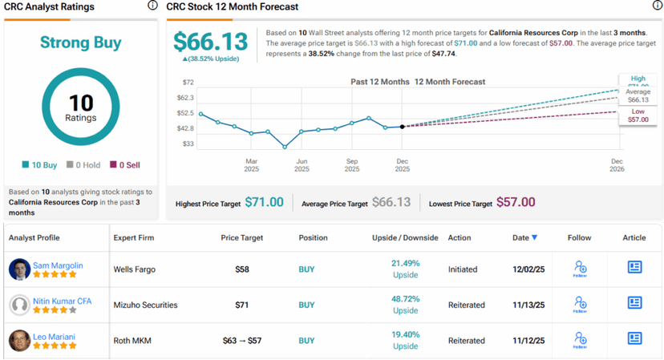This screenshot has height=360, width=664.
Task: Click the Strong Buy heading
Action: [x=80, y=42]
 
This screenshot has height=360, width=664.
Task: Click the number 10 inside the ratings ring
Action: [x=80, y=103]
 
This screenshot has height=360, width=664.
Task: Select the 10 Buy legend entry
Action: [x=40, y=165]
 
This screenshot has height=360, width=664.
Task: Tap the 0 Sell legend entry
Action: [x=124, y=165]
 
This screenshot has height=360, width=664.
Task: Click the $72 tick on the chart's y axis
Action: [x=188, y=83]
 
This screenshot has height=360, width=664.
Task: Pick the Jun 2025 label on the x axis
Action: [x=302, y=165]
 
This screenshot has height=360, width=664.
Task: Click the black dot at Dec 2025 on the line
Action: [x=403, y=126]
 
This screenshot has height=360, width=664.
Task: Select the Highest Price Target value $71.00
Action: [x=264, y=203]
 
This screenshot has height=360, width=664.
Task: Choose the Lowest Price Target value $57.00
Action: [x=516, y=203]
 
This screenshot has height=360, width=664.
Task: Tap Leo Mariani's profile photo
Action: [x=20, y=340]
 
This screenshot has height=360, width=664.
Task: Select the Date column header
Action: [x=525, y=238]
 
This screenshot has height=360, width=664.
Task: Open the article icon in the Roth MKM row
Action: [x=634, y=340]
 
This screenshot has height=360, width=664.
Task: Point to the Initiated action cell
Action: [x=466, y=269]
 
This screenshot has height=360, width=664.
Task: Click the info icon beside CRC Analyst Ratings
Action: [x=152, y=6]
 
